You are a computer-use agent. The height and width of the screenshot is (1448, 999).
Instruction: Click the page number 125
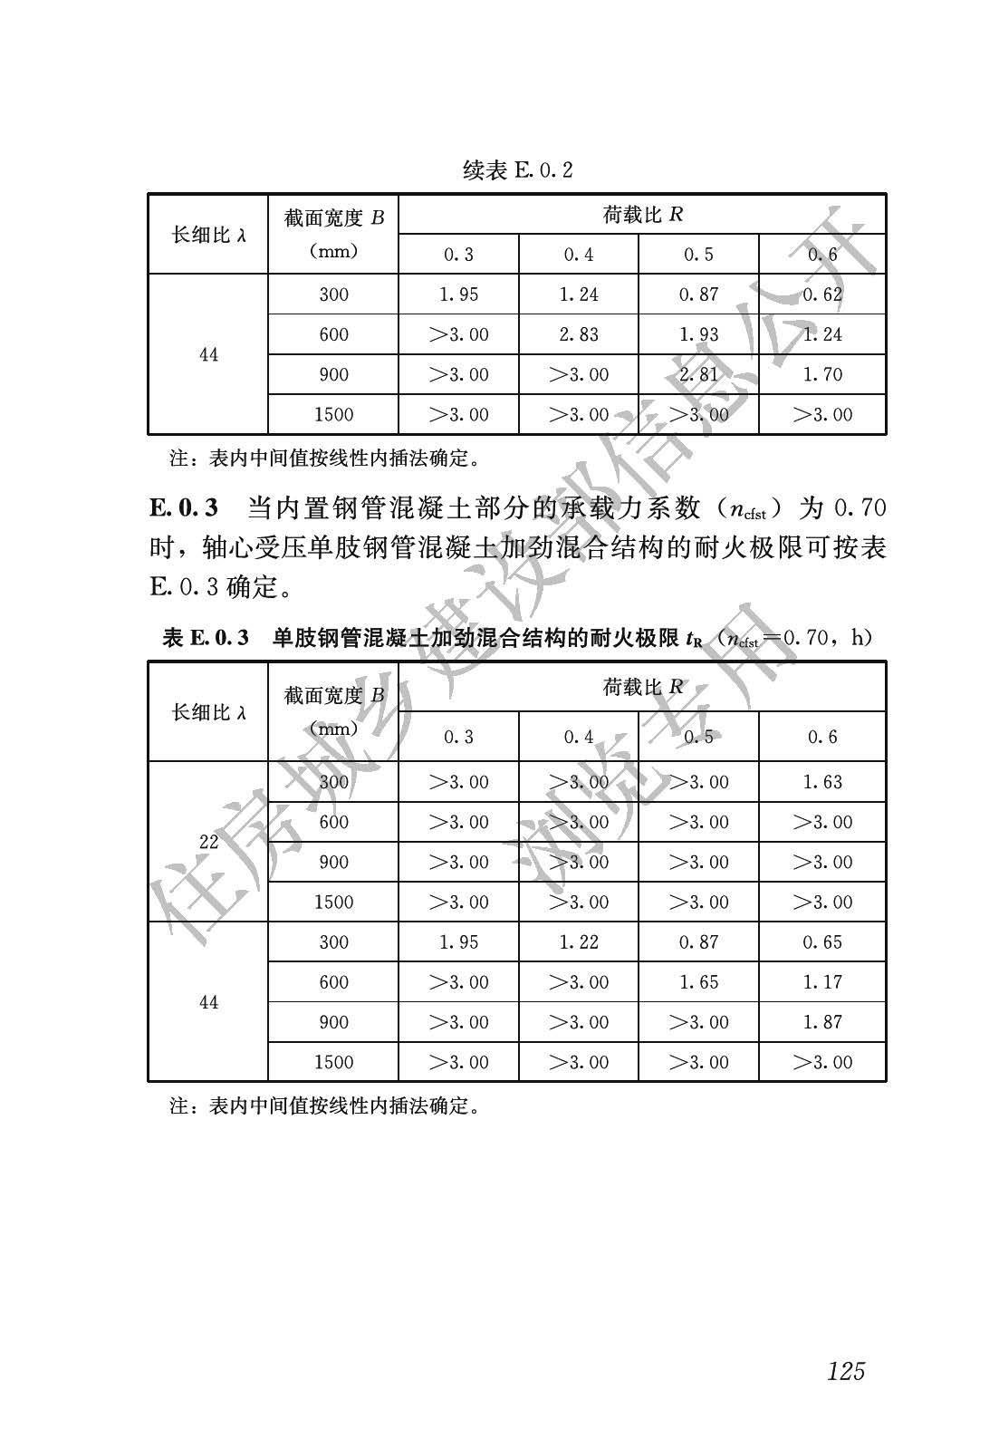click(x=846, y=1370)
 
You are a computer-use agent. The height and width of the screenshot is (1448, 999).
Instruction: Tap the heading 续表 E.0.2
click(x=517, y=169)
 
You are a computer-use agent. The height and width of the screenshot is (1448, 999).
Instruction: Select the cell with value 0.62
click(x=822, y=294)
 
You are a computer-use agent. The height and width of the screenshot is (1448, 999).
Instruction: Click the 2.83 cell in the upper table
click(x=579, y=334)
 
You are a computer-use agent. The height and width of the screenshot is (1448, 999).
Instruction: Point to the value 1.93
click(x=698, y=334)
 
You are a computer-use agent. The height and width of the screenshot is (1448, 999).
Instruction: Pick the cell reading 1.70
click(x=822, y=374)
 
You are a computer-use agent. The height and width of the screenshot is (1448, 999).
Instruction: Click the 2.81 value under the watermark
click(x=698, y=374)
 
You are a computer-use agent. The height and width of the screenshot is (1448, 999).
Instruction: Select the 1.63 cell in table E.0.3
click(x=822, y=782)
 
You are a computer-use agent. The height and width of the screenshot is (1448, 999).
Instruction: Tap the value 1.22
click(x=579, y=942)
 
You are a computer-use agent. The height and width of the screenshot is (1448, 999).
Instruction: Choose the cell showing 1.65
click(x=698, y=982)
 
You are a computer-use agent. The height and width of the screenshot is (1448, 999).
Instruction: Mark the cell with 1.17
click(x=822, y=982)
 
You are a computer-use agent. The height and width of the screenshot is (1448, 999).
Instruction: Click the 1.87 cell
click(x=822, y=1022)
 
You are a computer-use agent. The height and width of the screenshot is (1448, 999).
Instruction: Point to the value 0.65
click(x=822, y=942)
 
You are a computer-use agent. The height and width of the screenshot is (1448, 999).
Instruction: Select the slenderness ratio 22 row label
click(x=209, y=842)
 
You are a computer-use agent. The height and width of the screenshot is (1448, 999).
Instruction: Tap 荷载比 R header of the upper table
click(x=642, y=215)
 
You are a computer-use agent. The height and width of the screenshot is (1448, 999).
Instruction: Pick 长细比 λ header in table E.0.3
click(x=209, y=712)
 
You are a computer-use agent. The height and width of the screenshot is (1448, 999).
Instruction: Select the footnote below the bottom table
click(x=324, y=1105)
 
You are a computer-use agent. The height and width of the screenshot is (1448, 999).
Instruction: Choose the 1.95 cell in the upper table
click(x=458, y=294)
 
